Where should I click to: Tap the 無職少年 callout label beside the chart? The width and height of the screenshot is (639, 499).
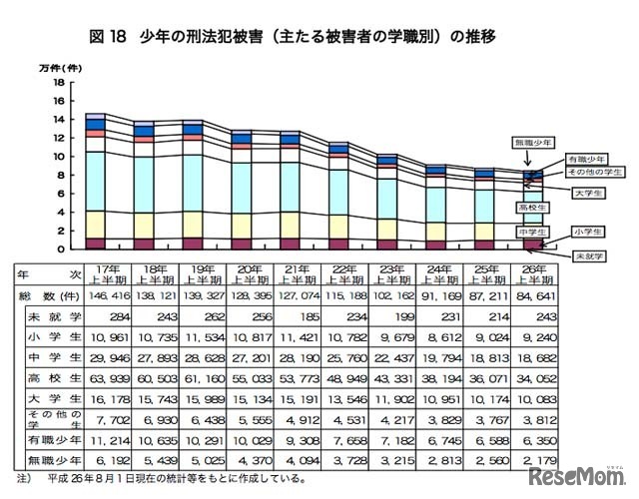pos(533,142)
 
